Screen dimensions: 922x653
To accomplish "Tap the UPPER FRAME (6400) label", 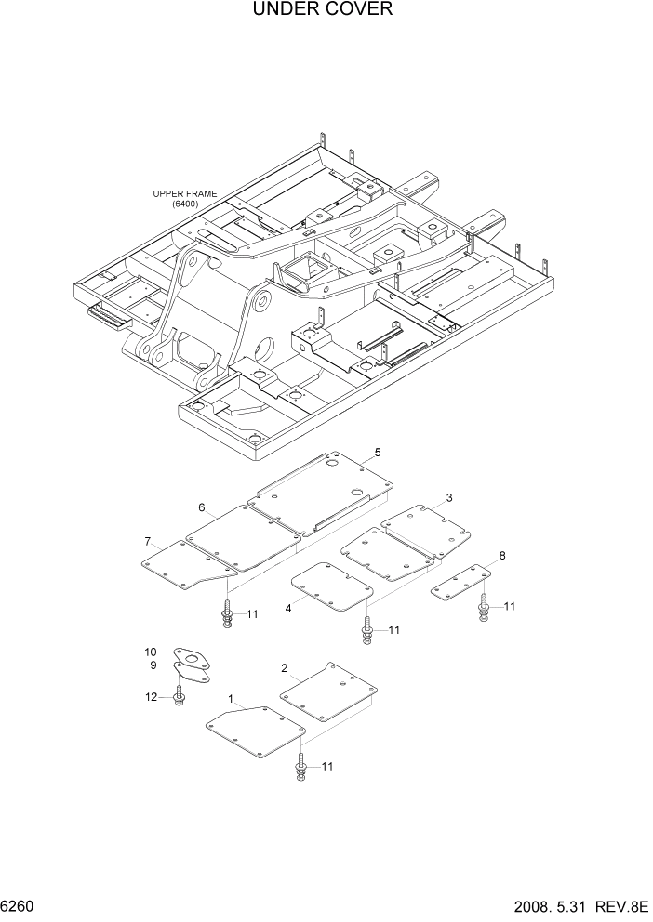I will (x=185, y=199).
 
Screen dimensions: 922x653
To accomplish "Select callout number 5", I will (x=377, y=453).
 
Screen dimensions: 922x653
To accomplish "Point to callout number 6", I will (x=201, y=507).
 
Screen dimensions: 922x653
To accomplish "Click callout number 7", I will (x=148, y=541).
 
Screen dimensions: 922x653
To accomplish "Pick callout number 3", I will (x=449, y=498).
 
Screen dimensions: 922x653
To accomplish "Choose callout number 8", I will (x=502, y=556).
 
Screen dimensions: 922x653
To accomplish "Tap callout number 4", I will (x=288, y=608).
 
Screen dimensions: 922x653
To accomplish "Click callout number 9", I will (x=154, y=665).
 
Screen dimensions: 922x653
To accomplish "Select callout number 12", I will (x=151, y=698).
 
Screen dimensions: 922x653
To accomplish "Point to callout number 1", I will (x=231, y=697).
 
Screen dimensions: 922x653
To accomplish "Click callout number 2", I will (x=284, y=667).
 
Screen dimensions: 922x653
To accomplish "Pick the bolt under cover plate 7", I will (x=226, y=614).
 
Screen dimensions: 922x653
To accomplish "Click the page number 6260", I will (x=19, y=904).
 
